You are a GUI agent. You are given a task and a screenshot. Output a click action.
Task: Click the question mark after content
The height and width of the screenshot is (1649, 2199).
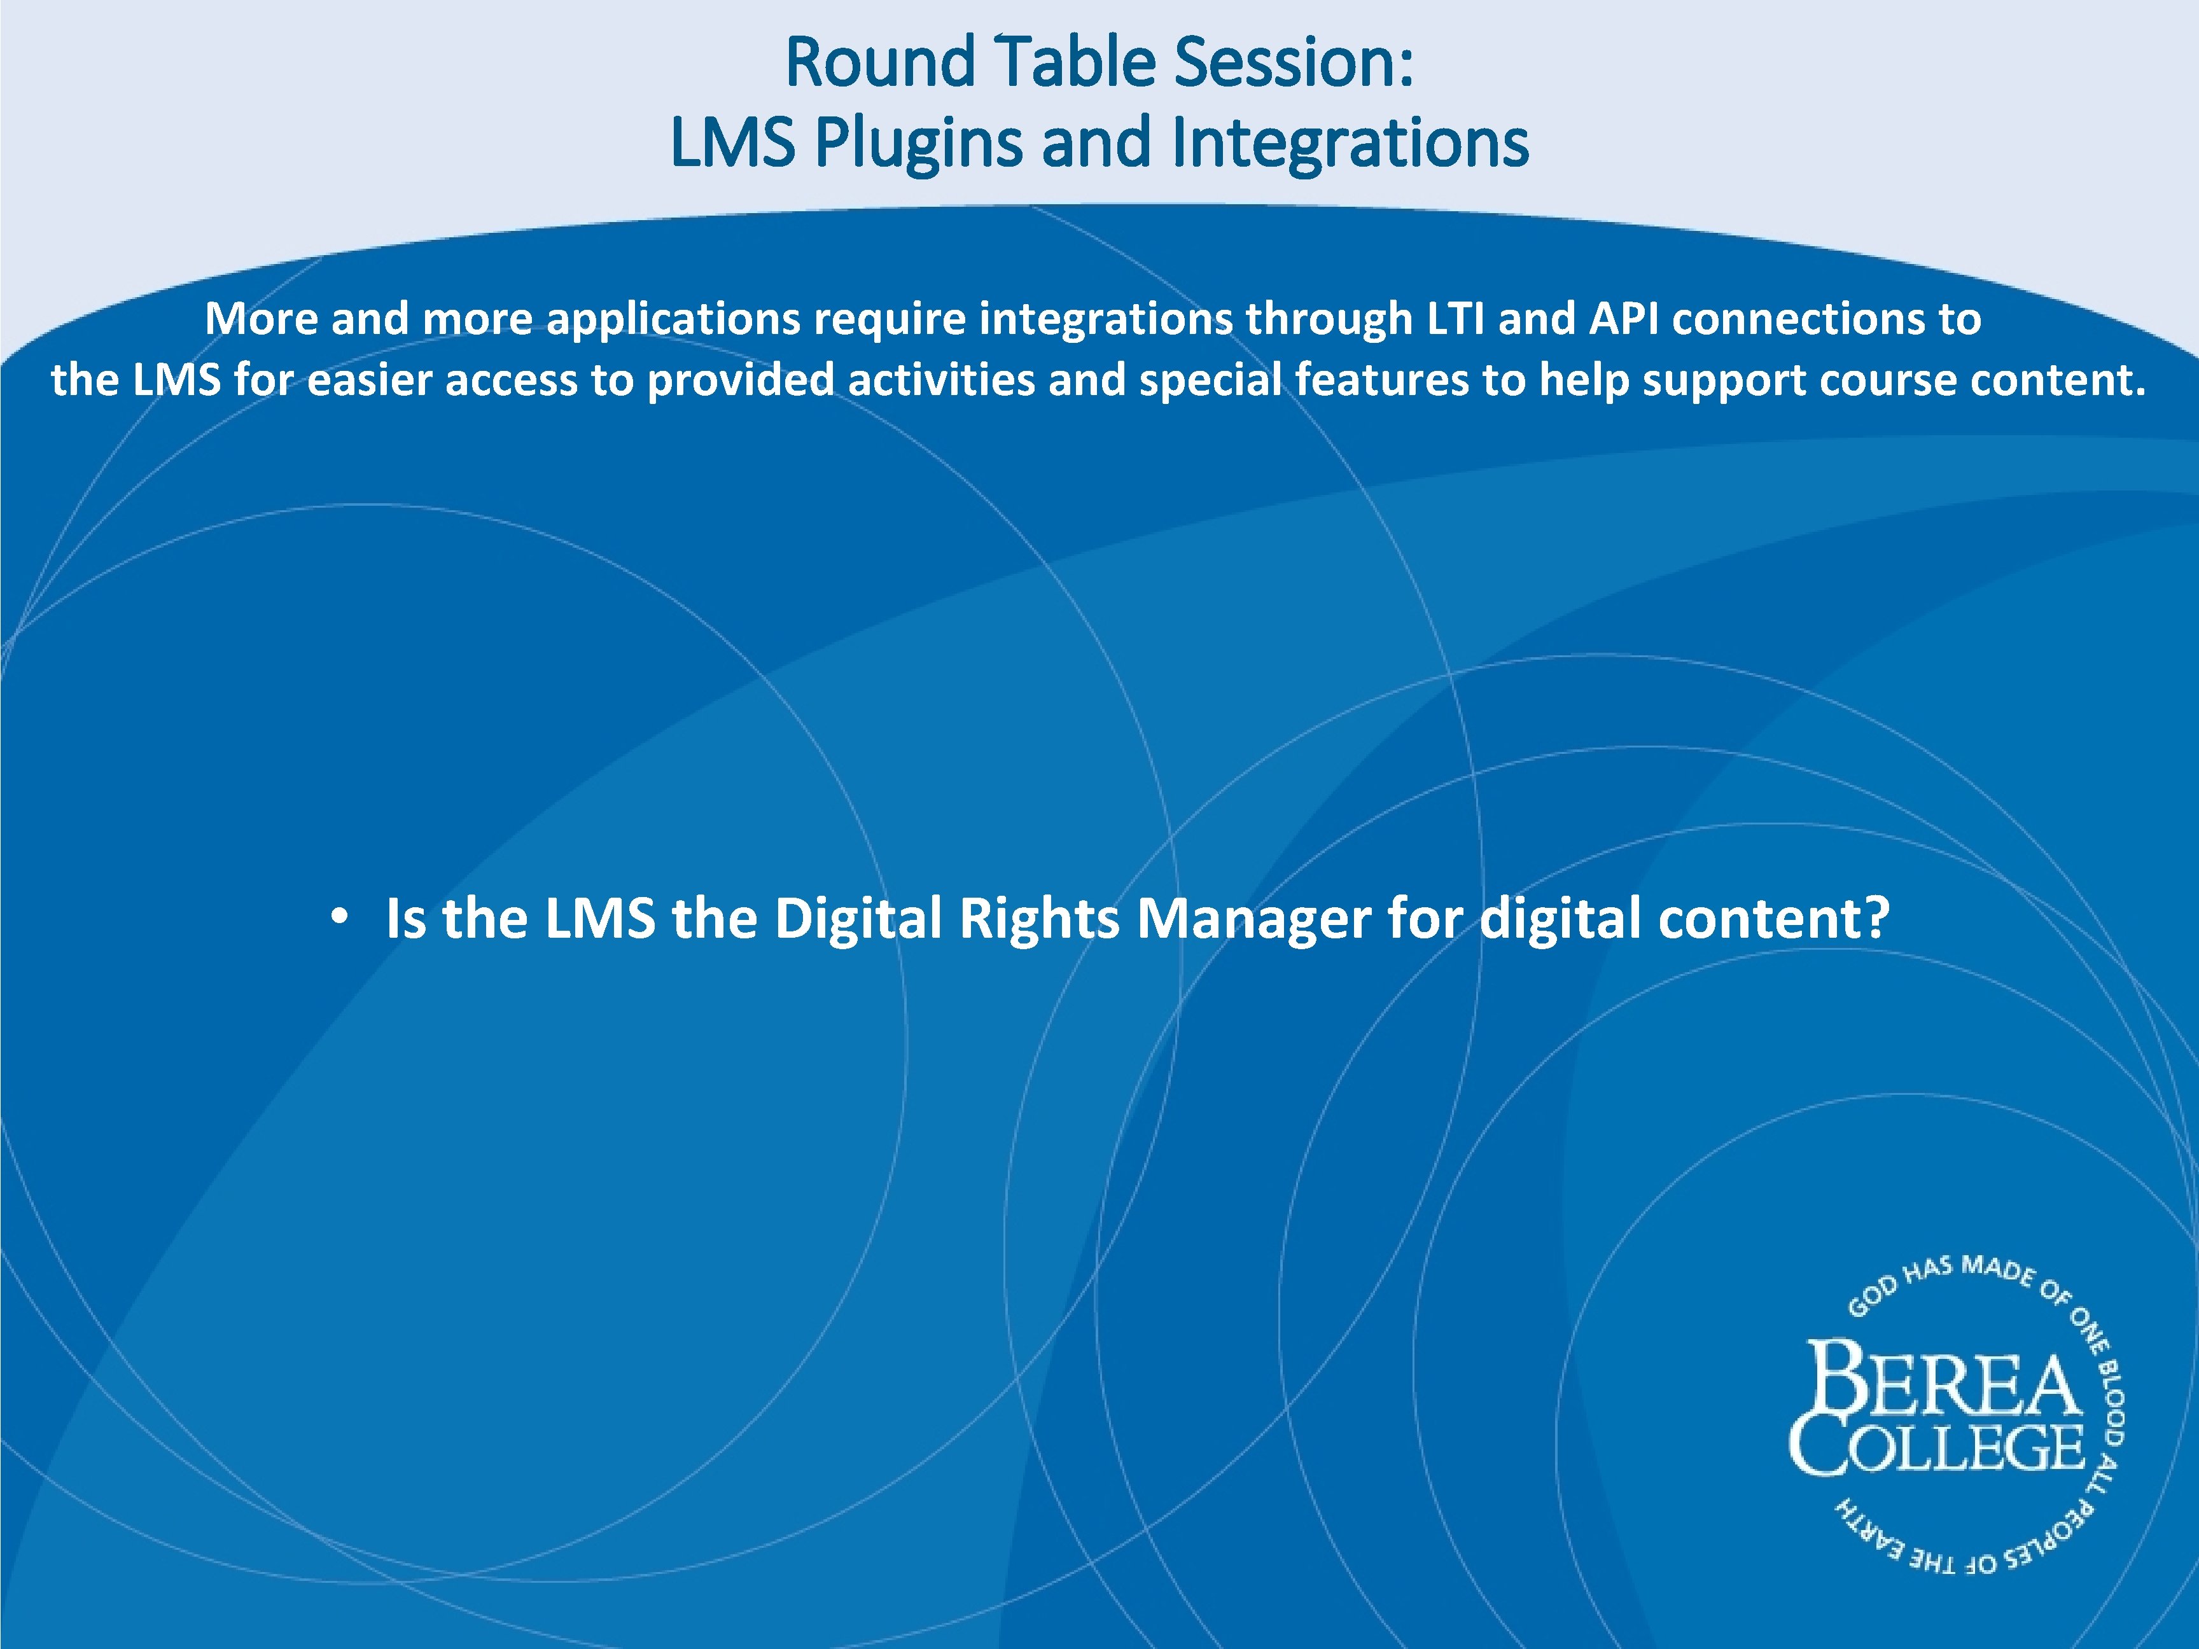point(1878,917)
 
